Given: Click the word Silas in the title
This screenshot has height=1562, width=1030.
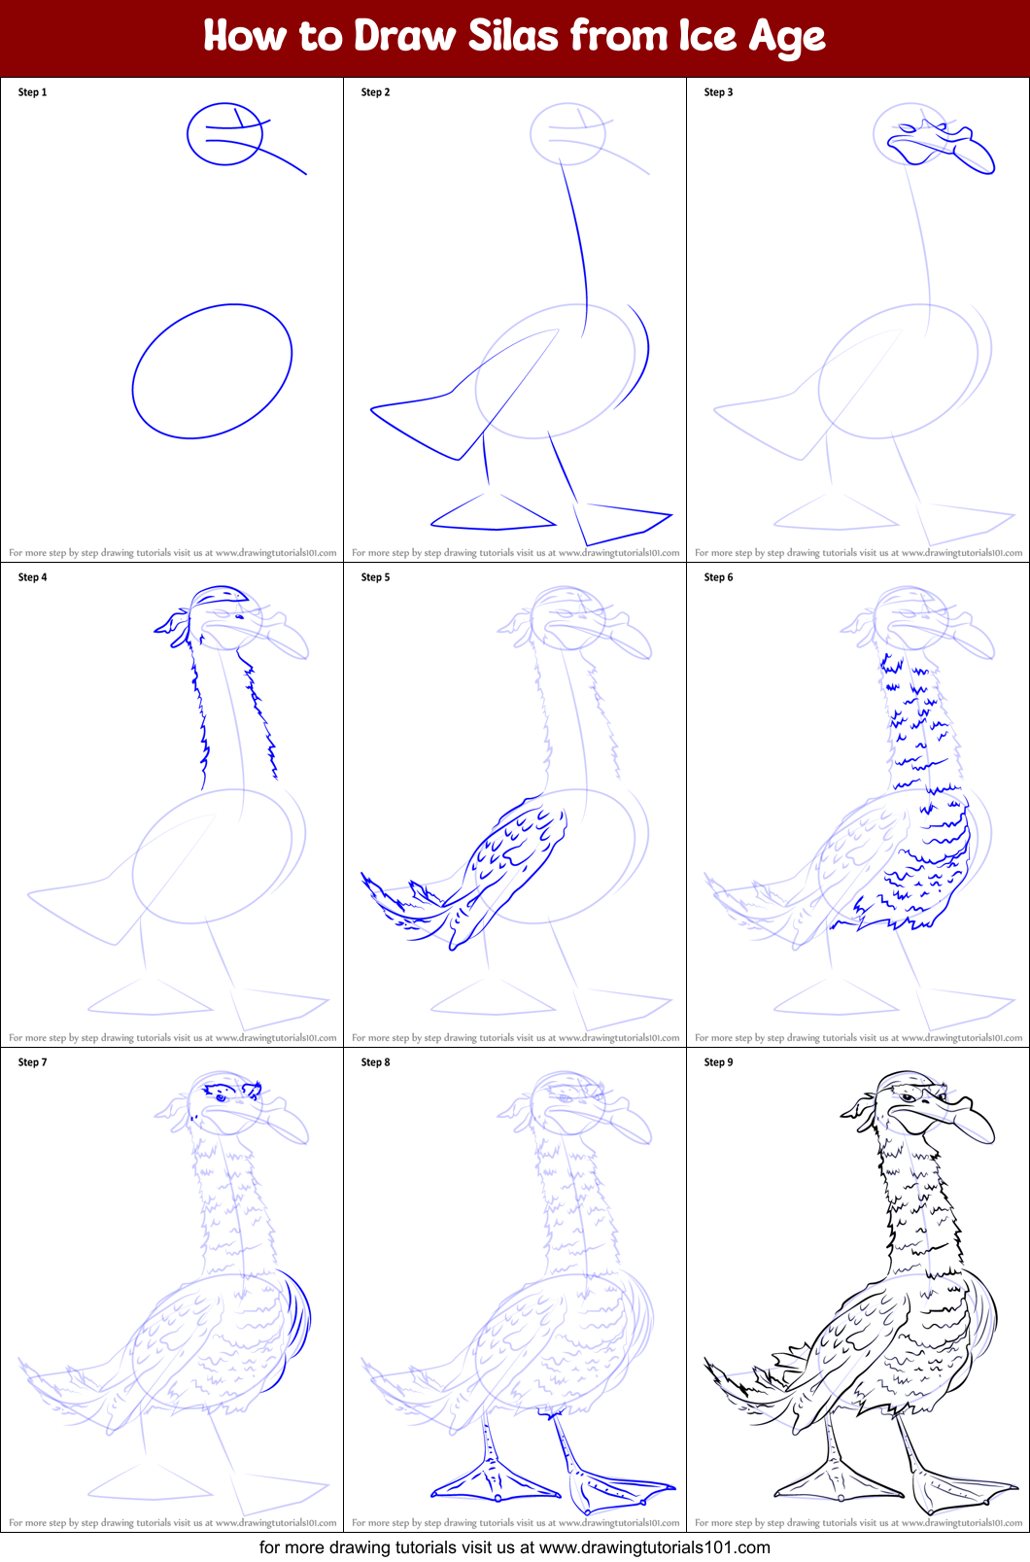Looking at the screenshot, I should (x=513, y=36).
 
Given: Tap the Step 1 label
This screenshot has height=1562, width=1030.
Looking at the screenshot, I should (x=32, y=92).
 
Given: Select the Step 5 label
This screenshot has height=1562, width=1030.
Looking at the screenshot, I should (x=375, y=577).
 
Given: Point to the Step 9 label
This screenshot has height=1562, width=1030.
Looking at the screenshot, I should (x=718, y=1062).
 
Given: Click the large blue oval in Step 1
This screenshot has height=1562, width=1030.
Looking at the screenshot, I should (x=212, y=371).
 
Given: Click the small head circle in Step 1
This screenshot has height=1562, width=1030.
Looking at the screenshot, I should (x=224, y=134).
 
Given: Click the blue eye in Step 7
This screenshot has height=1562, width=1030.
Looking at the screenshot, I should (x=221, y=1096).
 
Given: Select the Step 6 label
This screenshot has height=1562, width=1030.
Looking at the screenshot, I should (x=718, y=577).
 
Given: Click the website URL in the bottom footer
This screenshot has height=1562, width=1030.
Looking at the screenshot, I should (x=654, y=1547).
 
